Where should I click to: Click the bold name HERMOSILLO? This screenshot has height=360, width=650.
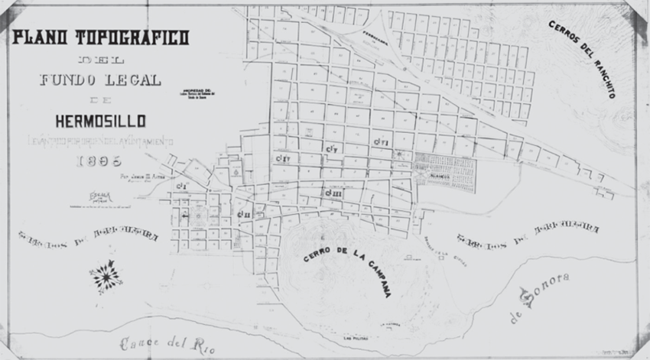(100, 120)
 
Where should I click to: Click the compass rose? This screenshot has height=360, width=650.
(106, 276)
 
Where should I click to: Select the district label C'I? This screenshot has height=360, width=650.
(181, 186)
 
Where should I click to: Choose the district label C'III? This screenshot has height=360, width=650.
(333, 193)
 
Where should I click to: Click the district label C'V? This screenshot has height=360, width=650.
(332, 148)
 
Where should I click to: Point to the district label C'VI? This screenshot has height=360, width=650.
(382, 142)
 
